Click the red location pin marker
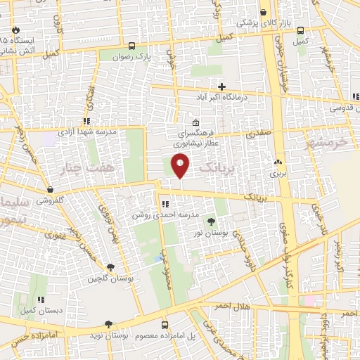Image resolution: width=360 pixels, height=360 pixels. tap(181, 166)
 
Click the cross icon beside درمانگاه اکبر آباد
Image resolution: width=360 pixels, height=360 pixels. tap(221, 86)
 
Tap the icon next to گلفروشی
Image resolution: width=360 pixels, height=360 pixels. tap(50, 189)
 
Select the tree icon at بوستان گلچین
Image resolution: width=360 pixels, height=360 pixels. tap(110, 267)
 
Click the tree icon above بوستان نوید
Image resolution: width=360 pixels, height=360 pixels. tap(108, 324)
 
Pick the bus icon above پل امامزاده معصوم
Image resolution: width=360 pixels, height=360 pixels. tap(165, 325)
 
